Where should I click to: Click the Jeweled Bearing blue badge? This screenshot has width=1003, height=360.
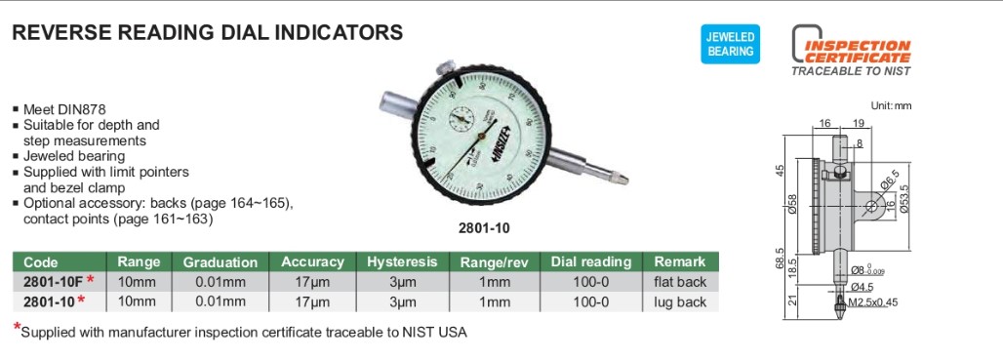730,45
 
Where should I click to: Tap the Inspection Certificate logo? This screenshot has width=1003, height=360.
850,51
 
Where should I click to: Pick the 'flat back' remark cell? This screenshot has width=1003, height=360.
679,282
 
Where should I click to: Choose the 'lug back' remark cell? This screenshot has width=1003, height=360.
679,301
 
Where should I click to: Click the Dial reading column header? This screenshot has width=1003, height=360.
591,261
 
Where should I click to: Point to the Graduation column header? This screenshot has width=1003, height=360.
221,261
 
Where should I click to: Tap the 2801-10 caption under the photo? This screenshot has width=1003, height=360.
484,228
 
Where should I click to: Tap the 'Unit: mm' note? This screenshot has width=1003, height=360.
889,105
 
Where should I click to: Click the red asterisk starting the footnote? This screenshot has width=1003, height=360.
17,329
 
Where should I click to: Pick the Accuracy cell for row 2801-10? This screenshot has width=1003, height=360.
312,301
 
